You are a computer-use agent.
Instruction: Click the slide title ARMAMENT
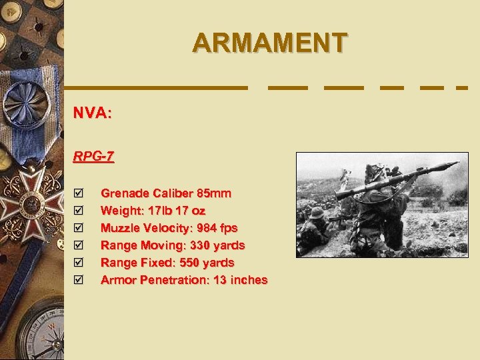269,43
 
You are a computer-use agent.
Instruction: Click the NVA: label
92,113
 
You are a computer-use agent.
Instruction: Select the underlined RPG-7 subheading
93,157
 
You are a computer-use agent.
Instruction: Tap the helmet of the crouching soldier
316,213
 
